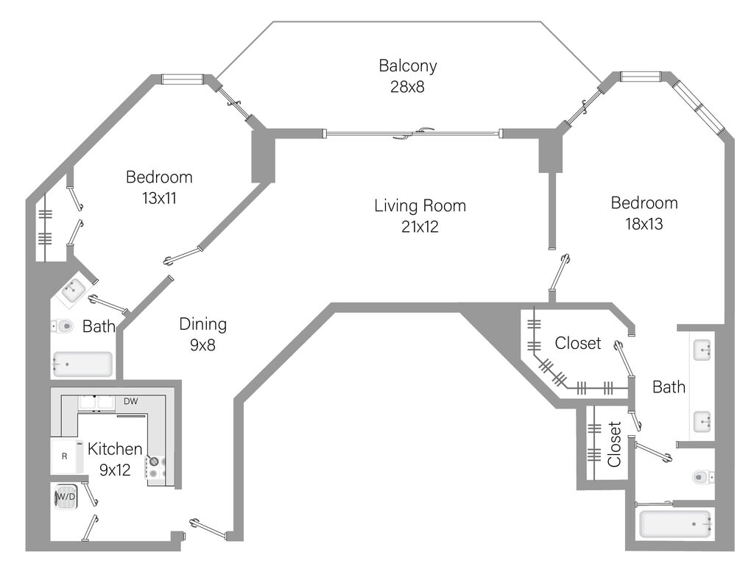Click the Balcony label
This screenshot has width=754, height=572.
pos(408,66)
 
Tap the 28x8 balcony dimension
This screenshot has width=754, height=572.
pos(407,87)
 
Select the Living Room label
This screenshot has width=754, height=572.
pos(420,205)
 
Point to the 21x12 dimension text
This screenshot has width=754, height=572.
pos(420,227)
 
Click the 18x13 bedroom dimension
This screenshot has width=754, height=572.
pos(644,224)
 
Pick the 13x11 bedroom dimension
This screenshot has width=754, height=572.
pos(159,198)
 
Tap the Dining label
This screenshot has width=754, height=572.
pos(203,325)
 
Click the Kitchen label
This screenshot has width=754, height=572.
pos(115,449)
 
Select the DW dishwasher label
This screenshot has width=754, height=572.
pos(131,401)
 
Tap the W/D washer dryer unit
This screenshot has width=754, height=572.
pos(66,496)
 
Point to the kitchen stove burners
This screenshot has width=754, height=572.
pos(156,467)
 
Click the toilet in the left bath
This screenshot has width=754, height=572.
pos(62,326)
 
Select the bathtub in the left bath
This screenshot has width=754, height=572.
pos(82,364)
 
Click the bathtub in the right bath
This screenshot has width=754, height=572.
pos(675,524)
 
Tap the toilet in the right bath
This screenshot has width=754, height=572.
pos(703,477)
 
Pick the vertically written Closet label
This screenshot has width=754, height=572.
pos(615,444)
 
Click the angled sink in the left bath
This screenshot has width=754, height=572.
pos(73,290)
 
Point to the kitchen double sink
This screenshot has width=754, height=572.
pos(96,403)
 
